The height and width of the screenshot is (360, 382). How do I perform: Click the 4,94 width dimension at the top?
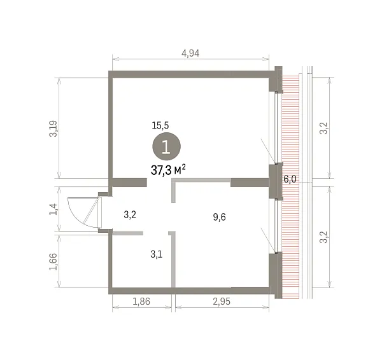[190, 53]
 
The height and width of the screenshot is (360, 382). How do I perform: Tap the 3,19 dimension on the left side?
[53, 128]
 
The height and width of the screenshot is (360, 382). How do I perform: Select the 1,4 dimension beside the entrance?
[53, 209]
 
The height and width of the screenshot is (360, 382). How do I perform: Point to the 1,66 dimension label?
[53, 261]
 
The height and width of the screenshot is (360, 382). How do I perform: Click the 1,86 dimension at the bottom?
[141, 301]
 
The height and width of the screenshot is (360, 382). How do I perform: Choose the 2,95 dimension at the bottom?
[222, 301]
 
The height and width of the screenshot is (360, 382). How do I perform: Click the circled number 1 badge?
[166, 146]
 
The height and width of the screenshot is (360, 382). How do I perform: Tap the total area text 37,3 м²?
[168, 170]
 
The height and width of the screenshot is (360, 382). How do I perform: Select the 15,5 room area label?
[160, 125]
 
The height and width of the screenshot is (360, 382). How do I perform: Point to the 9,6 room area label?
[219, 217]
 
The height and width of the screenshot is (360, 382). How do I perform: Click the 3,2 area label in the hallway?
[130, 215]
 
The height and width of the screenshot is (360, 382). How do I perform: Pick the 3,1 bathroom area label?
[157, 254]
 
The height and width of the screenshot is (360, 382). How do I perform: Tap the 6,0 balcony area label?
[290, 179]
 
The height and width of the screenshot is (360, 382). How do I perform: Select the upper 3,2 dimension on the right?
[324, 128]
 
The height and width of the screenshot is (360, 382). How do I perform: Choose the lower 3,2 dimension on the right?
[324, 237]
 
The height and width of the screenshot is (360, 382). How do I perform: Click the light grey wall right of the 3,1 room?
[173, 260]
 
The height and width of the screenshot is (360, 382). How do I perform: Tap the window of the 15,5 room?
[276, 128]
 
